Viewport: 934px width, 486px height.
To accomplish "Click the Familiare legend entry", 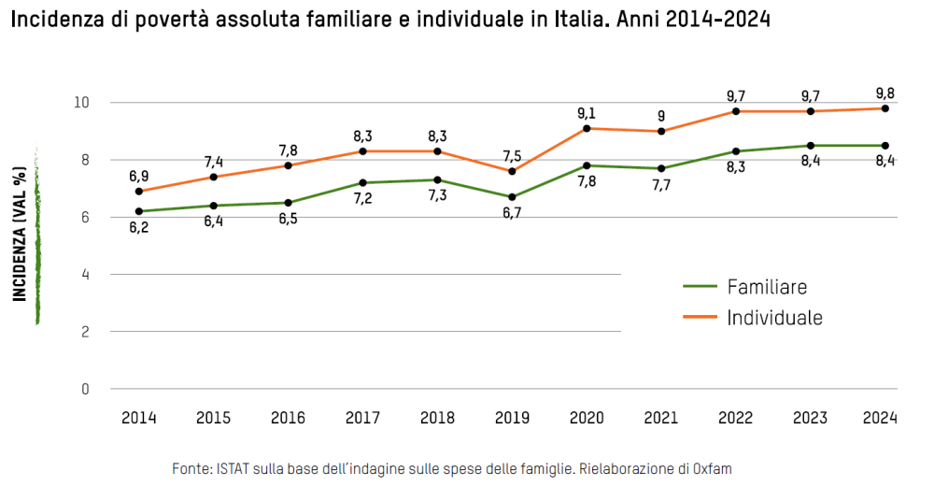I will click(x=766, y=287).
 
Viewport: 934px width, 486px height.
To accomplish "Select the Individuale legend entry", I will click(x=774, y=318).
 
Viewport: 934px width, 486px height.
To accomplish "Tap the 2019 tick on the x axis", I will click(x=512, y=418).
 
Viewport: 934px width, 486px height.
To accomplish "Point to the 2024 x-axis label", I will click(x=880, y=418).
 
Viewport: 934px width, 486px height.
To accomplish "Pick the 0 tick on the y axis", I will click(x=85, y=389).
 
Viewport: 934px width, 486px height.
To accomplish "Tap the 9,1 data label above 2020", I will click(x=587, y=113).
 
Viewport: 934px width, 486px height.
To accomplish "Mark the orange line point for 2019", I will click(x=512, y=171).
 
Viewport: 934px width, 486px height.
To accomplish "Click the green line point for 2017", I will click(x=362, y=182).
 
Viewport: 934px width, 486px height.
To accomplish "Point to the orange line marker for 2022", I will click(x=736, y=111).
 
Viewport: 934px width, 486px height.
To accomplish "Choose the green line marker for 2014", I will click(x=139, y=211).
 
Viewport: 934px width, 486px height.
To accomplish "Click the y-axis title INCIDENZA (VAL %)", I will click(x=19, y=234).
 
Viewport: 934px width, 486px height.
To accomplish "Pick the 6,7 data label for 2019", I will click(x=512, y=213).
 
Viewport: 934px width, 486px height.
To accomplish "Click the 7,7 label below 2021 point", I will click(x=661, y=185).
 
